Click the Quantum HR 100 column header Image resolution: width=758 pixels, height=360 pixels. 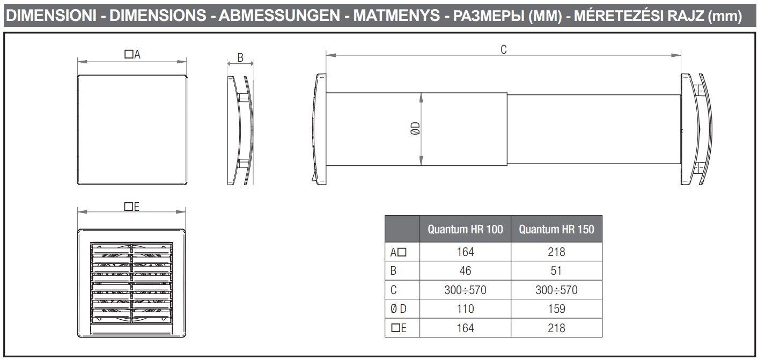coord(465,229)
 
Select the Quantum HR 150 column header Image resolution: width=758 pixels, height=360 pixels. coord(556,229)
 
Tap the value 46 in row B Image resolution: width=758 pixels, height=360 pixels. coord(465,271)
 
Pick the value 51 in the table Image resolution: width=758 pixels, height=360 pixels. coord(556,271)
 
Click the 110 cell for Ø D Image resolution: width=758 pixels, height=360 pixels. coord(465,308)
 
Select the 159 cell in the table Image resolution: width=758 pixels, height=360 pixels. coord(556,308)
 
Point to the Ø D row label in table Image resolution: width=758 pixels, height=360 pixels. coord(398,308)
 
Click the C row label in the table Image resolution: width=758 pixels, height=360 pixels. coord(393,290)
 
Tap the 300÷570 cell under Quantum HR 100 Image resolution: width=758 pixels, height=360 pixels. coord(465,290)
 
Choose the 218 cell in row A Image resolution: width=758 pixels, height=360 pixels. coord(556,252)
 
